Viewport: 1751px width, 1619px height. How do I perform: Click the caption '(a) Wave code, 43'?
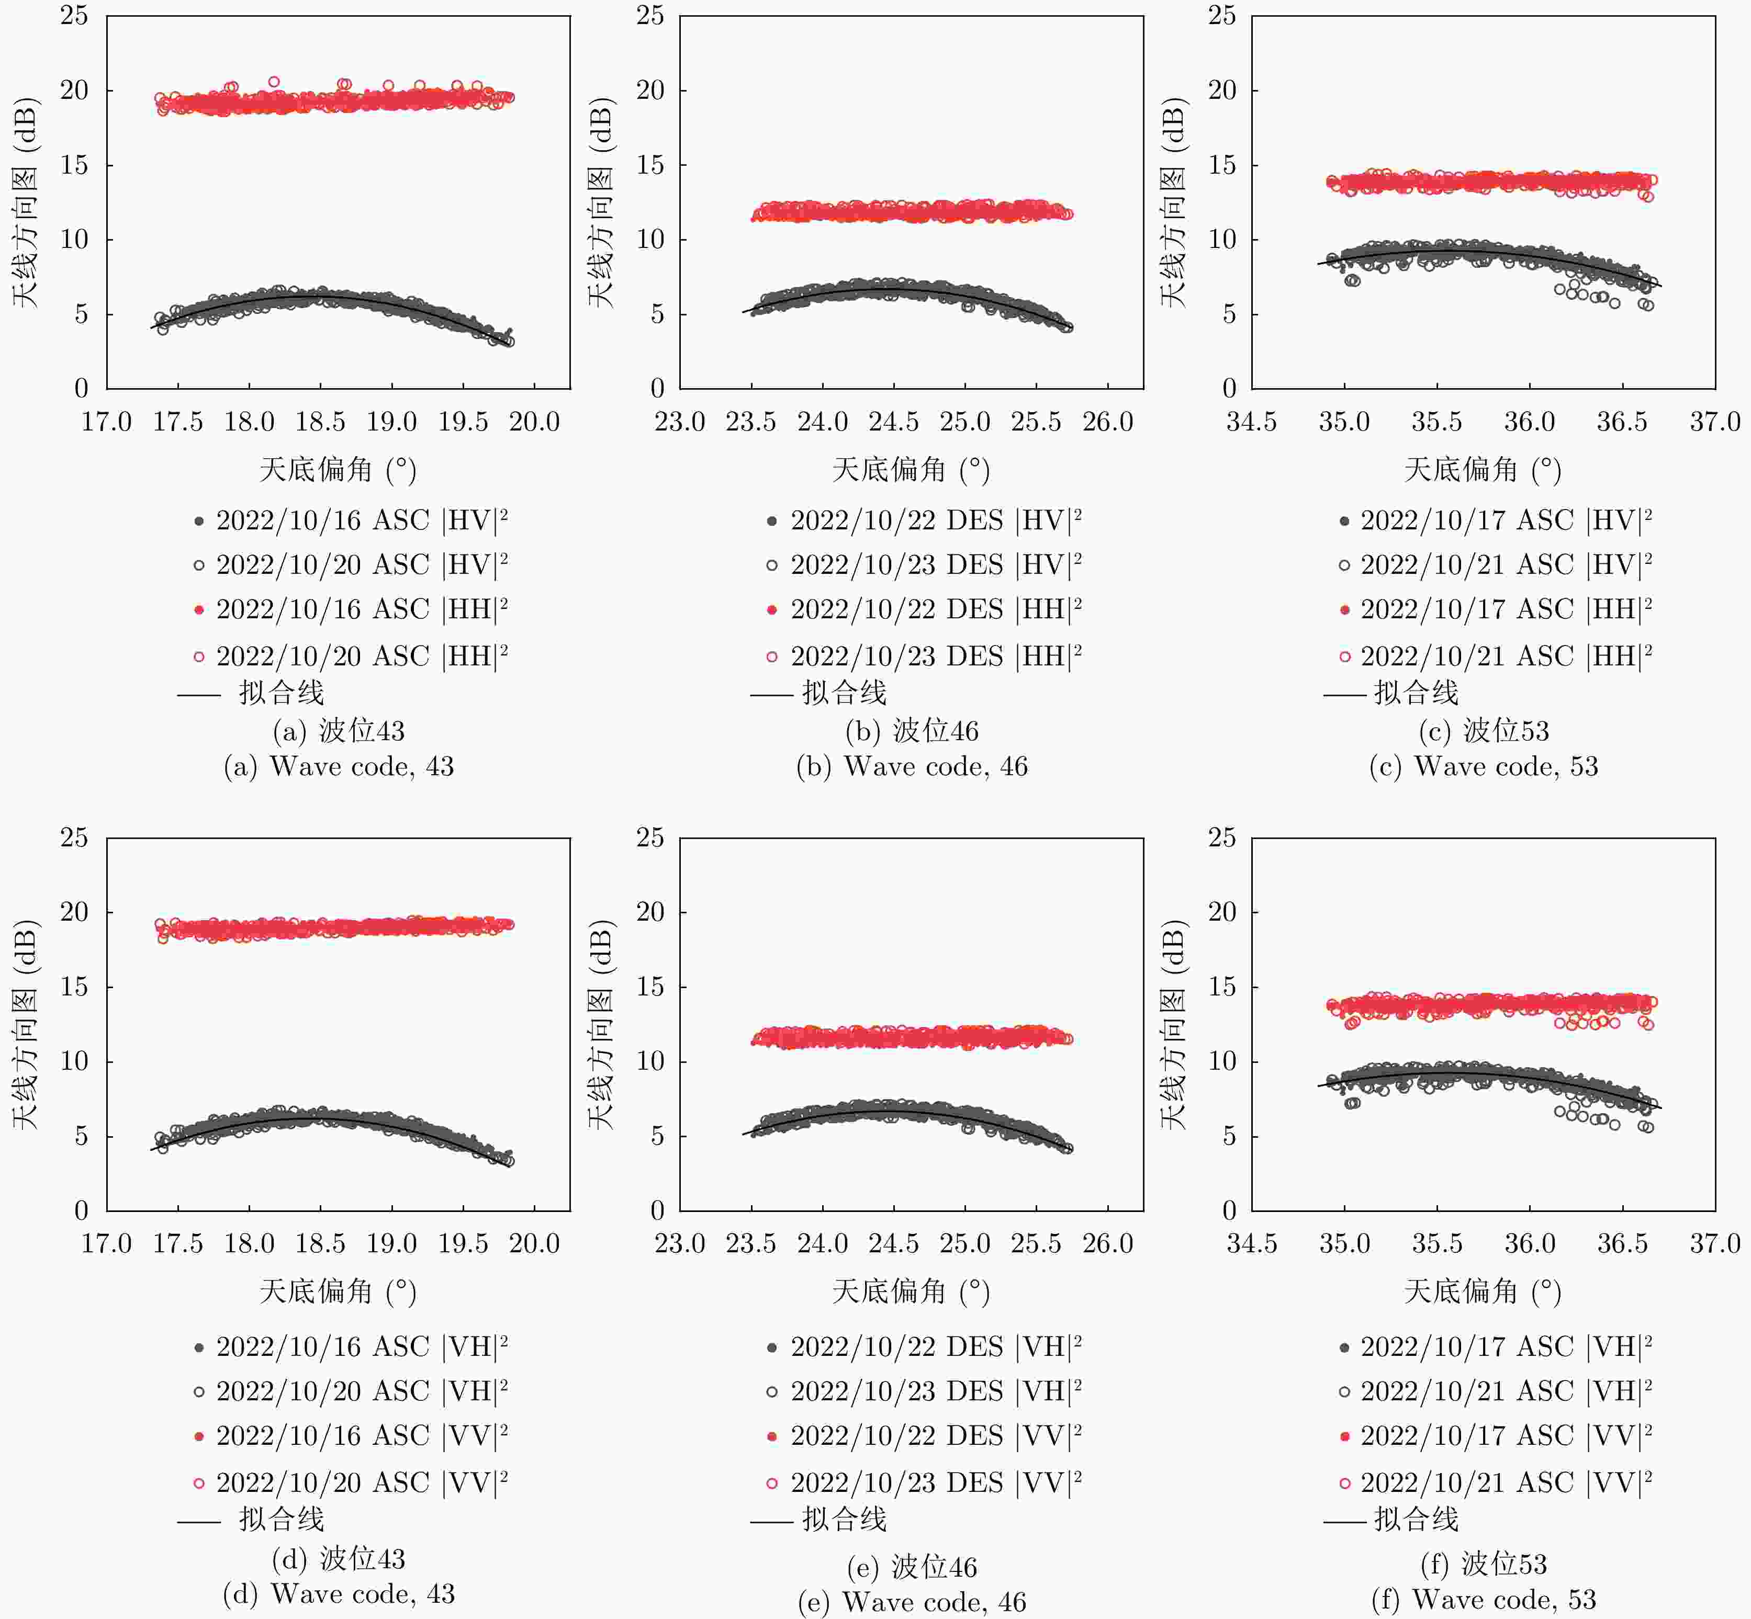tap(338, 766)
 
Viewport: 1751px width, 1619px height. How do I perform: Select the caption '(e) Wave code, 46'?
tap(912, 1602)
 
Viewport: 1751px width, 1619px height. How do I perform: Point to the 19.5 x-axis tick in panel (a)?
tap(463, 422)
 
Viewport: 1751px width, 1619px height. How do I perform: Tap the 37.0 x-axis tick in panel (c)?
tap(1714, 422)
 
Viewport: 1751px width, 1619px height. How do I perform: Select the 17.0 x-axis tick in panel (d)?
tap(106, 1243)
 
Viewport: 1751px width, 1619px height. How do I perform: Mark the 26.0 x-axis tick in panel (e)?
tap(1108, 1243)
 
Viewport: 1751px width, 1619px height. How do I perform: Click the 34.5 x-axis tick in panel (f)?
tap(1251, 1243)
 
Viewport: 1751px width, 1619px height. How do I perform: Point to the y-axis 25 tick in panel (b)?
tap(650, 16)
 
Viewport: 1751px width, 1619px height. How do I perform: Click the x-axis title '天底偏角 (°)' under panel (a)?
tap(338, 470)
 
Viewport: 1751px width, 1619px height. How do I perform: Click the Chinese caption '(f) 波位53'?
tap(1483, 1564)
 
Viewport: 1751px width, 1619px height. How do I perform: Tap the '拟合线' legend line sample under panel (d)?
tap(199, 1522)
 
